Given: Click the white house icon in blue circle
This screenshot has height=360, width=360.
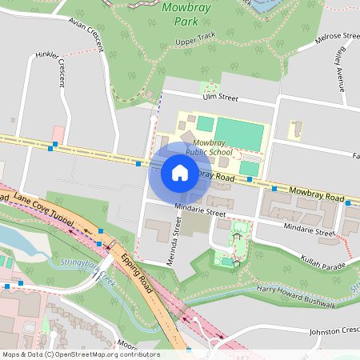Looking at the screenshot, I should click(180, 172).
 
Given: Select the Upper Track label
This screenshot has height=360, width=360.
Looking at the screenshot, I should click(195, 42).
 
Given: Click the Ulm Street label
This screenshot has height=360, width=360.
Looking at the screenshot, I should click(221, 98).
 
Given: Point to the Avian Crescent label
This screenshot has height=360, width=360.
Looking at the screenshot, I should click(86, 33).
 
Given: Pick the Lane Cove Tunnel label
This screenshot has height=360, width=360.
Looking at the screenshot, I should click(42, 207).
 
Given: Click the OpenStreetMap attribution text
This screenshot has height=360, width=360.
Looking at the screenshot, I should click(80, 354).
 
